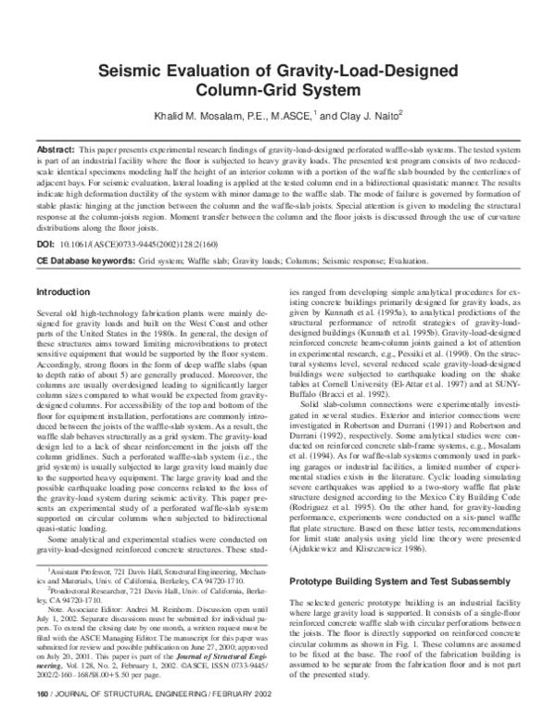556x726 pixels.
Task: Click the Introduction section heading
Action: click(x=62, y=292)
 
